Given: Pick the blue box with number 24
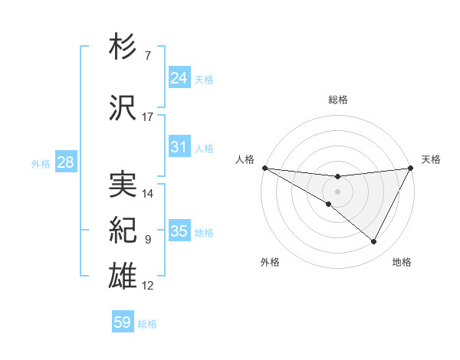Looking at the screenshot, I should coord(179,78).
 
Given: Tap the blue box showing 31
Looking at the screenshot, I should coord(179,147).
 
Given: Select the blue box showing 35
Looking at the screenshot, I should coord(179,231).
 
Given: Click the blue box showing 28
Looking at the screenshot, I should coord(64,162).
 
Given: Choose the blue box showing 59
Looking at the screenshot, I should coord(123,322).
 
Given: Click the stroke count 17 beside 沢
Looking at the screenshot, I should coord(148,117).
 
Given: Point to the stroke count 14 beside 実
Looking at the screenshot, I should coord(148,194).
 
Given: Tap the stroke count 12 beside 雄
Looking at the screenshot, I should coord(148,286).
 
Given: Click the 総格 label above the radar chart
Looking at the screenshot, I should coord(338,100).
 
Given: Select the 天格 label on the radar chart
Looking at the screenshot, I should coord(432,159).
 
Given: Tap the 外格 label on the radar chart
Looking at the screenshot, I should coord(270,262).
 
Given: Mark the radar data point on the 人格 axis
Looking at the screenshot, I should coord(264,168).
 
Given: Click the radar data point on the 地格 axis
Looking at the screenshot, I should coord(374,241).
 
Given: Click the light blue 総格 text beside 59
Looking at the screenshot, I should coord(147,324).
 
